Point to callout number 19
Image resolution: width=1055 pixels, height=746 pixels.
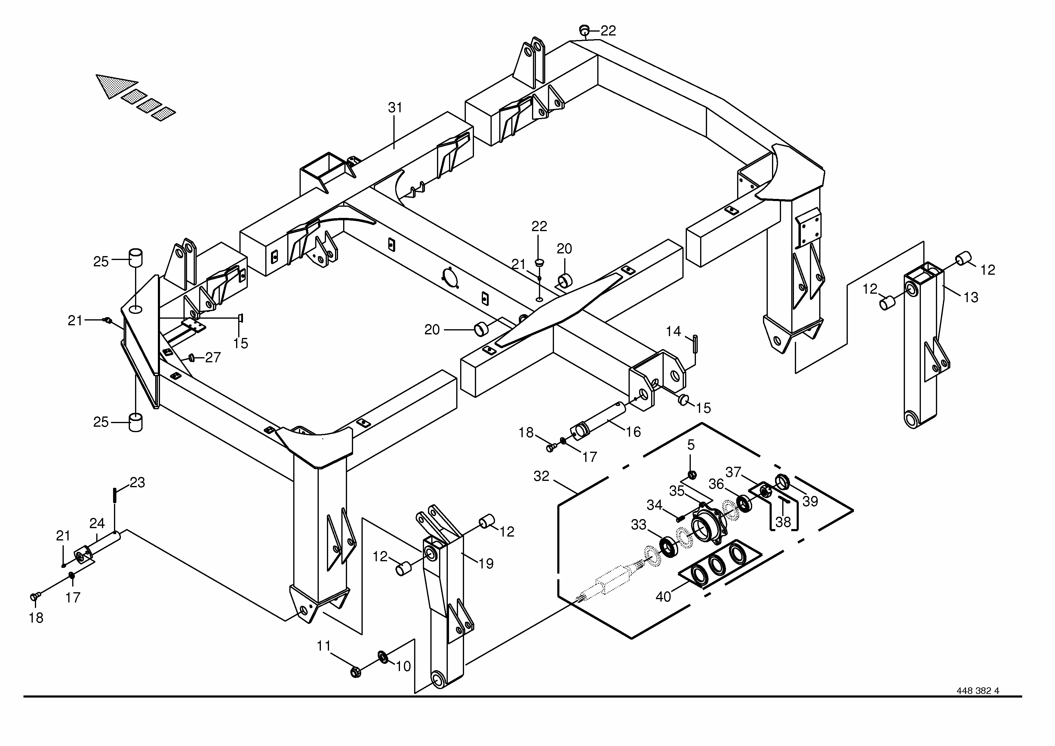(x=486, y=564)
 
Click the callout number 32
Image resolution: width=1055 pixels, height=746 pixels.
(x=541, y=476)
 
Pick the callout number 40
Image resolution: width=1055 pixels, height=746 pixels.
(x=663, y=597)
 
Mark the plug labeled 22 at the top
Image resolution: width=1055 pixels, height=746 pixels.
(x=584, y=30)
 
